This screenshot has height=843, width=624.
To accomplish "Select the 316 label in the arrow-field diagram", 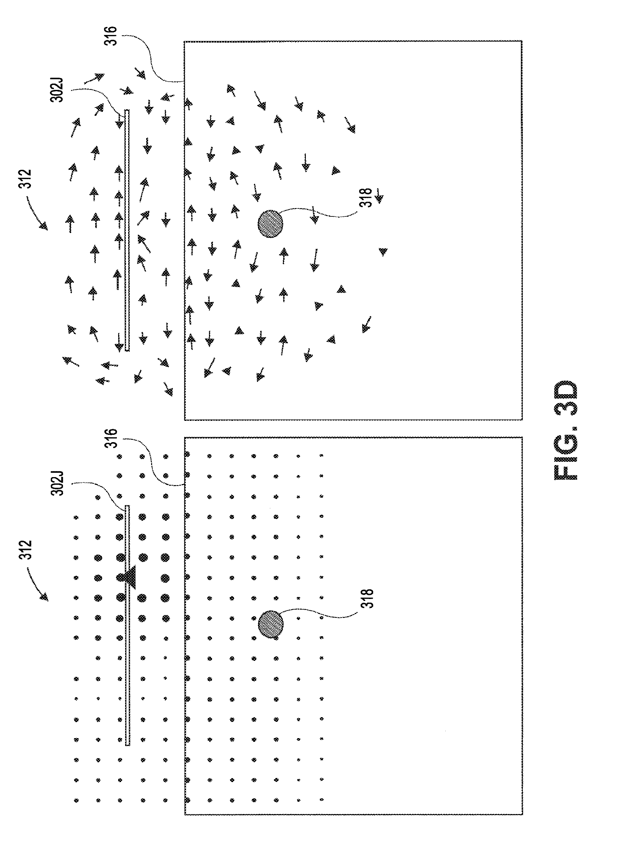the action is tap(111, 36).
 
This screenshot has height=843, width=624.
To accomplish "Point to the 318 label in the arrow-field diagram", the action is tap(366, 198).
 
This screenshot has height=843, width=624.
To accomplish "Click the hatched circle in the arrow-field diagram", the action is tap(270, 224).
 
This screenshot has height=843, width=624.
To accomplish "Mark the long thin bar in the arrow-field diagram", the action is tap(127, 230).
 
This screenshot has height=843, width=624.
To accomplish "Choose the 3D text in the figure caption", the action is tap(566, 397).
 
